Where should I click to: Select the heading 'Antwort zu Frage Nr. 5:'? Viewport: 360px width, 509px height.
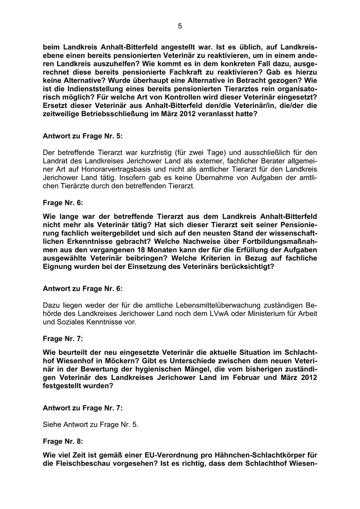coord(83,136)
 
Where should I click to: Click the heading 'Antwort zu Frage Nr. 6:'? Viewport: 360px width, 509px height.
coord(83,289)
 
